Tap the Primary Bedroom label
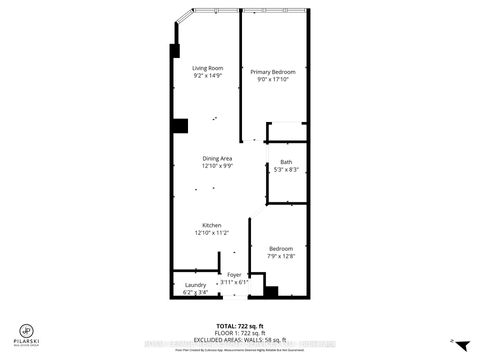(x=273, y=72)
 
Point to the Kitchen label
(x=211, y=226)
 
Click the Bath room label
(x=286, y=162)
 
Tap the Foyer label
(x=234, y=274)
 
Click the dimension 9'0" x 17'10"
(x=273, y=79)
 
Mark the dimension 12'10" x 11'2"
(x=211, y=233)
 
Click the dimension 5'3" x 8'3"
(x=286, y=169)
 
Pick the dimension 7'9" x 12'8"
(x=280, y=255)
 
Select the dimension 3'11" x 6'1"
(x=234, y=281)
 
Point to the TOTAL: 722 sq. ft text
(x=240, y=326)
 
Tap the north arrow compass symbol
(x=453, y=342)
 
